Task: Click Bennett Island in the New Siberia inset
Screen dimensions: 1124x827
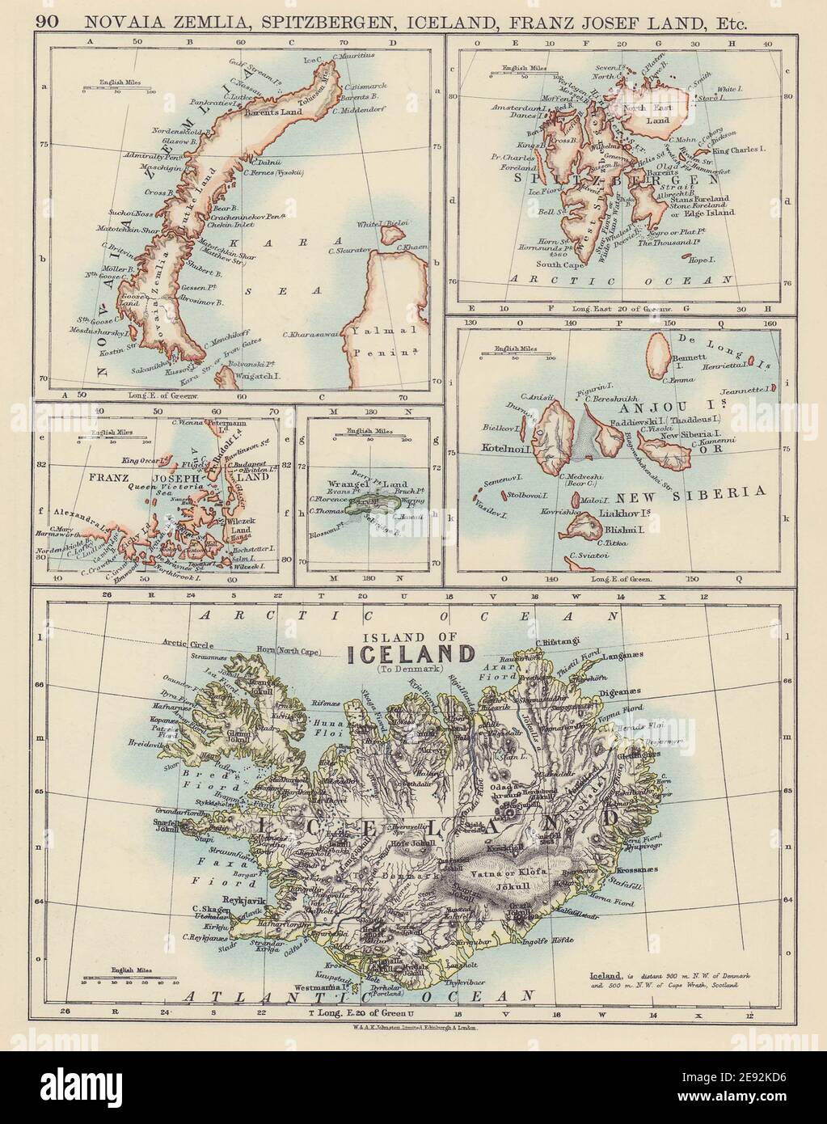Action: (x=660, y=354)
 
